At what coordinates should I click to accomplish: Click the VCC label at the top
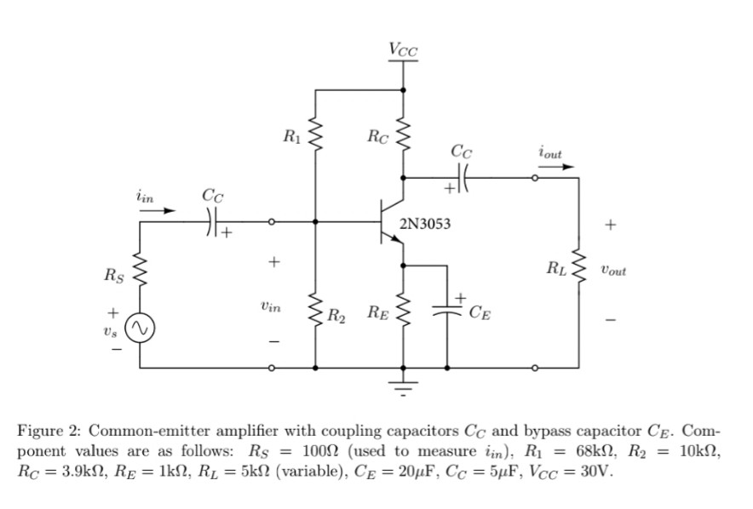(403, 49)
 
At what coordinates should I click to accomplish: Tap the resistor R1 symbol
(316, 133)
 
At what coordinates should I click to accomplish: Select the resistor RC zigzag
(403, 134)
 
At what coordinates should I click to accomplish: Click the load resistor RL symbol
(578, 271)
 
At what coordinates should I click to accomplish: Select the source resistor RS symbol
(140, 275)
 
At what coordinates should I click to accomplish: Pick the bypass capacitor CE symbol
(447, 312)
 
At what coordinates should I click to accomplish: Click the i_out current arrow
(550, 167)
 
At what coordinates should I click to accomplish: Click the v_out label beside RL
(612, 271)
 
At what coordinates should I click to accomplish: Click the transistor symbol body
(388, 223)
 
